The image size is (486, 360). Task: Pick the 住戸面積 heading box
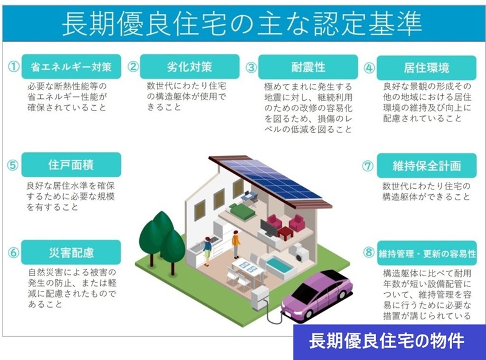71,165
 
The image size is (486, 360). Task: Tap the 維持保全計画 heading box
426,165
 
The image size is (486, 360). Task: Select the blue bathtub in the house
280,265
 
